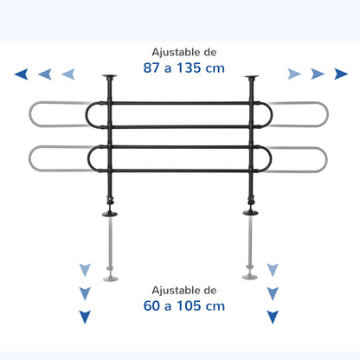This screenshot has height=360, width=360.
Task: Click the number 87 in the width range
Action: pos(151,68)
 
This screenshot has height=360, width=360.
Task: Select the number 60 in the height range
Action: pos(151,305)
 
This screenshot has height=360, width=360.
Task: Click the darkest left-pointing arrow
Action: pos(22,74)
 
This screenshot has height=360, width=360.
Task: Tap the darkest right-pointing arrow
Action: pos(341,74)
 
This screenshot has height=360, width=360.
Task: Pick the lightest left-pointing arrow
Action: pos(68,74)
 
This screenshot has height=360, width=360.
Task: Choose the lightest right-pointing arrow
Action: pos(294,74)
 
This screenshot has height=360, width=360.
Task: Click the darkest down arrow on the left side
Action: pos(85,317)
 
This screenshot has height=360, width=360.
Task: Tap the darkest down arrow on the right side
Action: pos(273,317)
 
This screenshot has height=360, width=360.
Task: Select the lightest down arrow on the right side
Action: pos(273,270)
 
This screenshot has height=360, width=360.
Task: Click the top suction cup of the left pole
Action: pos(110,77)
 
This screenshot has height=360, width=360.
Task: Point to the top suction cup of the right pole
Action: pos(251,77)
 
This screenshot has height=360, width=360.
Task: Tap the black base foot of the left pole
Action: pos(110,214)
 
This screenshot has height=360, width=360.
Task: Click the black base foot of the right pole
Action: pos(250,213)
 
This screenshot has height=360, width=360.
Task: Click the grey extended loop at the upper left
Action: pos(29,114)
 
